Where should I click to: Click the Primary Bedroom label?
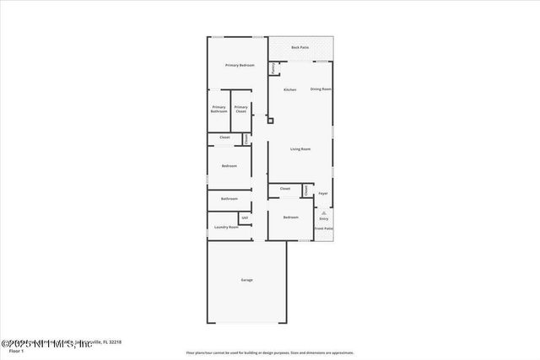pos(240,65)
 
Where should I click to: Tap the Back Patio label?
pos(300,47)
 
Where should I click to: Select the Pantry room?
pos(273,68)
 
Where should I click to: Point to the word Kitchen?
pos(289,89)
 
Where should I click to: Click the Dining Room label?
pos(321,89)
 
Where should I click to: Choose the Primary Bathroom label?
pos(219,109)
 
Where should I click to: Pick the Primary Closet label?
pos(241,109)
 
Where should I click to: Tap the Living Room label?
pos(300,149)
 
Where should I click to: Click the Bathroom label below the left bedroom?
pos(229,198)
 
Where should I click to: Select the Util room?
pos(245,218)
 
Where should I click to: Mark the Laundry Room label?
pos(226,227)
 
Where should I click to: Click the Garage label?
pos(246,280)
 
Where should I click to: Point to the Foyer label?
pos(323,193)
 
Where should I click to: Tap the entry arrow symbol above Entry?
pos(323,212)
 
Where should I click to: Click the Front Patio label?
pos(324,228)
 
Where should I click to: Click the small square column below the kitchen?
pos(270,121)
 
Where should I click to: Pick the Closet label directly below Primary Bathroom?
pos(224,137)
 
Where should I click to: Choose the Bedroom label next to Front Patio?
pos(290,218)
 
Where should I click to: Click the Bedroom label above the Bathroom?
pos(229,166)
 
